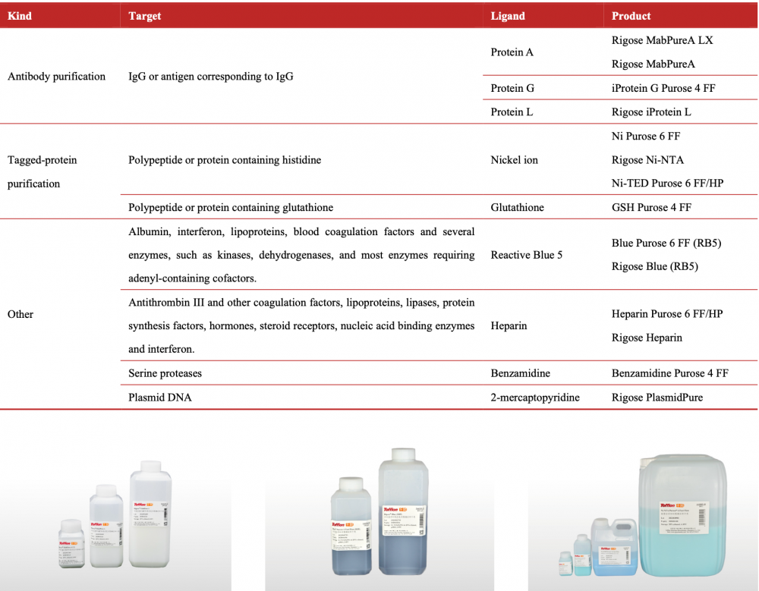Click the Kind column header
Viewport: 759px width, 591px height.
[x=20, y=16]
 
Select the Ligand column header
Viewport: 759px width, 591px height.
[x=508, y=16]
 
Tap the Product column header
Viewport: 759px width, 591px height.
[x=631, y=16]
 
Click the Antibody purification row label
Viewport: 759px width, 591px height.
[x=56, y=77]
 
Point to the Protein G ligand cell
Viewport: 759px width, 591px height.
[x=512, y=88]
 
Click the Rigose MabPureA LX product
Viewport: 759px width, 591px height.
[x=662, y=40]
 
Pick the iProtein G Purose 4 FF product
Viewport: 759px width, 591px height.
[x=663, y=88]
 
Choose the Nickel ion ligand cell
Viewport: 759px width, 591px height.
[x=514, y=160]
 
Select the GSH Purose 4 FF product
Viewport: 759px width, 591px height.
[x=651, y=207]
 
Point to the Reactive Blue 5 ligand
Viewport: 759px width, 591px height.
[x=526, y=255]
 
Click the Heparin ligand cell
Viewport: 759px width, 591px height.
[x=509, y=325]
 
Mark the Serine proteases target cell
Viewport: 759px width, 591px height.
[x=165, y=373]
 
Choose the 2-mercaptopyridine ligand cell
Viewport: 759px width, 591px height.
[x=534, y=397]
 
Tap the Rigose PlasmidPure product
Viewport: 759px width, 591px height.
[x=657, y=397]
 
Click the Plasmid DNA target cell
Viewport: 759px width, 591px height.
[x=159, y=397]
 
